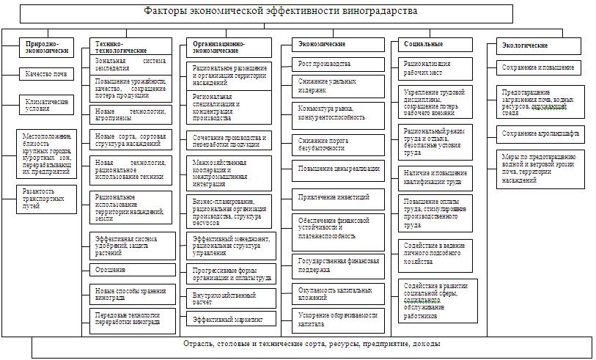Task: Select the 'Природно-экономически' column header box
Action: (x=47, y=47)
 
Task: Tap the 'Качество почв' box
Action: (x=48, y=73)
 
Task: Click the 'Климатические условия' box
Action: (x=48, y=105)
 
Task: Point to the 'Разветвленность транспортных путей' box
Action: (x=48, y=198)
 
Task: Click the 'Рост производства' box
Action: (x=338, y=64)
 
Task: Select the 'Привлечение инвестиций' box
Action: (x=338, y=196)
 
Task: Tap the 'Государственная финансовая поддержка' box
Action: (x=338, y=265)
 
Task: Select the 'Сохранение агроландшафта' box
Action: (x=539, y=133)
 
